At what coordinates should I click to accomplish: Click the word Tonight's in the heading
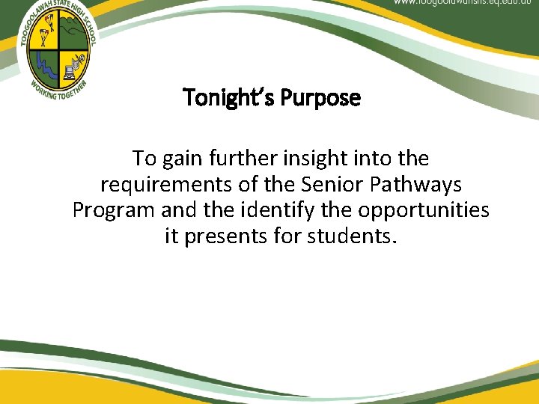[x=221, y=98]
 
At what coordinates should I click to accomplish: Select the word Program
[x=112, y=210]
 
